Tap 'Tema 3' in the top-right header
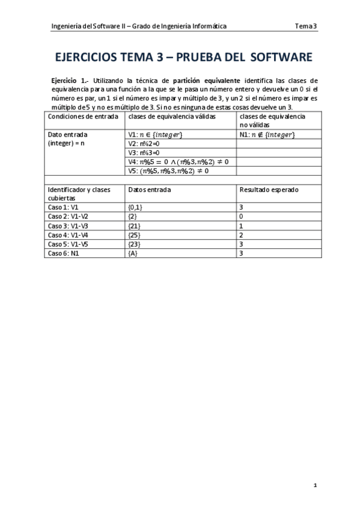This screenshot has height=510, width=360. (307, 26)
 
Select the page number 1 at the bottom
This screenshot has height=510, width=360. (316, 484)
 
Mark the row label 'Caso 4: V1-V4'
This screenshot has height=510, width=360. (68, 235)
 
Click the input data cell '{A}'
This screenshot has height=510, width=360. (133, 253)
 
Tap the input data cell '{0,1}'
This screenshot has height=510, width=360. (136, 207)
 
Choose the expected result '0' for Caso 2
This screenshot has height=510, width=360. (242, 217)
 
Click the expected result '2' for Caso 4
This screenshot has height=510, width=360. (242, 235)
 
